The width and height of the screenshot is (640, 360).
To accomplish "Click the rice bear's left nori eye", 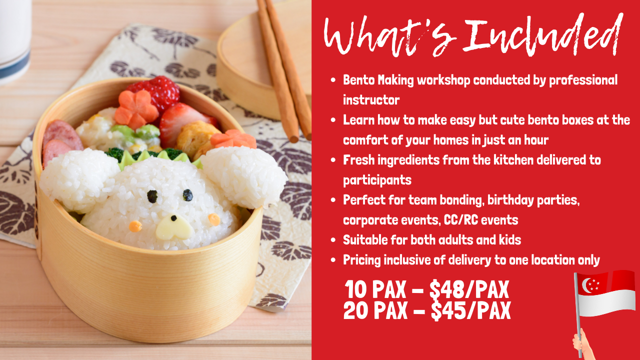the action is coord(152,196).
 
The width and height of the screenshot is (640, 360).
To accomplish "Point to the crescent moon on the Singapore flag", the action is coord(586,285).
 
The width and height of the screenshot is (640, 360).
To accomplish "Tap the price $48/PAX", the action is coord(469,289).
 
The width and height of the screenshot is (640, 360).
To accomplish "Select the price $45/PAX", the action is coord(471,310).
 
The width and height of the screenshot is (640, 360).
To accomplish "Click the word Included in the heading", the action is coord(543,35).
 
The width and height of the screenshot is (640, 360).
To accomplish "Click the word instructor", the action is coord(371,100).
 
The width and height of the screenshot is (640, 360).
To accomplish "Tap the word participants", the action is coord(377,180).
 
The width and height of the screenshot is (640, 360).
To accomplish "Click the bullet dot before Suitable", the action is coord(333,240).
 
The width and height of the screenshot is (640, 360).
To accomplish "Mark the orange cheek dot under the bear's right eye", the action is coord(214,219).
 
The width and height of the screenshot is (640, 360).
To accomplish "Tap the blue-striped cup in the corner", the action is coord(15,40).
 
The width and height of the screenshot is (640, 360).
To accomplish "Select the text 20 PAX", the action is coord(375,310).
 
